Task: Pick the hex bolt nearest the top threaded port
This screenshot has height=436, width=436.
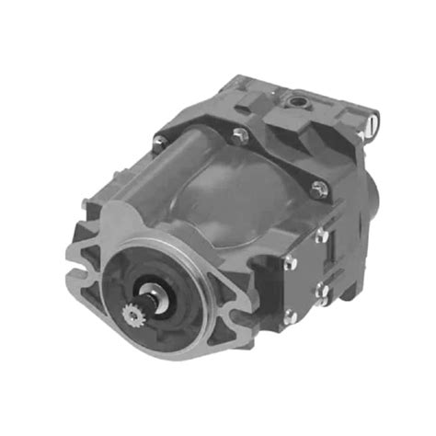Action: pyautogui.click(x=242, y=138)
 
